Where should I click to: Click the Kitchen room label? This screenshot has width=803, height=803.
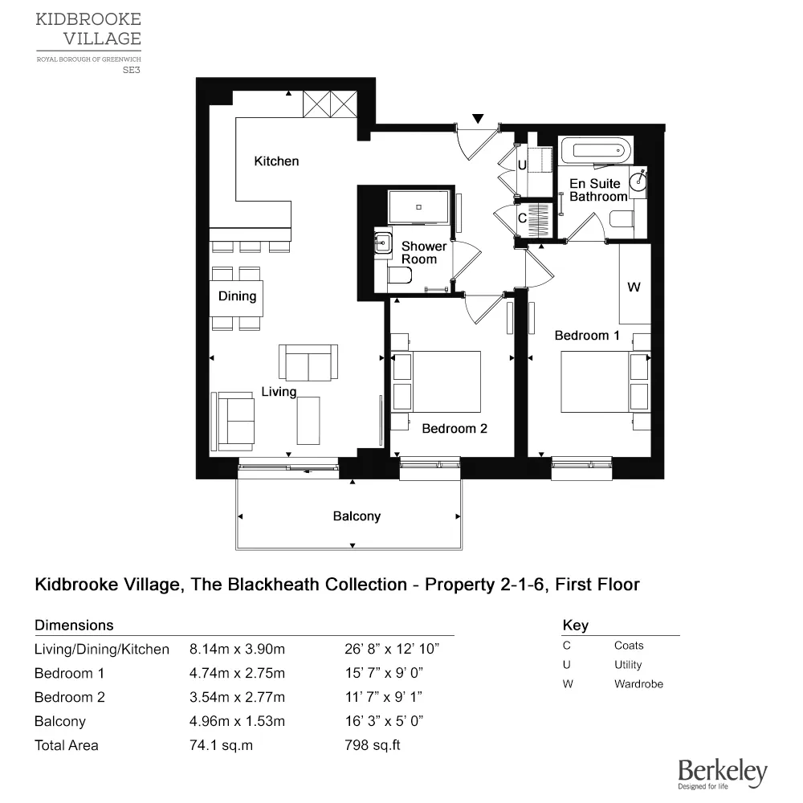[x=276, y=161]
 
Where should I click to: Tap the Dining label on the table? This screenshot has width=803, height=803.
[x=237, y=296]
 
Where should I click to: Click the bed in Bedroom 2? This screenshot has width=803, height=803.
[x=438, y=381]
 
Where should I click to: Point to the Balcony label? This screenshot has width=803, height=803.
[x=357, y=516]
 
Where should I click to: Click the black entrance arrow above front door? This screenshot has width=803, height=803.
[x=479, y=119]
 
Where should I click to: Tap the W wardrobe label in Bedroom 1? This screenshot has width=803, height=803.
[x=634, y=287]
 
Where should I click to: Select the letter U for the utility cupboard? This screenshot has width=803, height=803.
[x=521, y=166]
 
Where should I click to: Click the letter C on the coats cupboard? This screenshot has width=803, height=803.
[x=521, y=218]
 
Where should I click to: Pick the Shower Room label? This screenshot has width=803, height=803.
[x=424, y=252]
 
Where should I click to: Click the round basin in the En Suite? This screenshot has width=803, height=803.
[x=639, y=181]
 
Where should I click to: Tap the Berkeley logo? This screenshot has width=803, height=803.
[x=722, y=773]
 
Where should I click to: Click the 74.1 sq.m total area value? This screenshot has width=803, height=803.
[x=221, y=745]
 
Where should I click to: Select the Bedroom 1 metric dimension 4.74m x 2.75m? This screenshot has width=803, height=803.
[x=237, y=673]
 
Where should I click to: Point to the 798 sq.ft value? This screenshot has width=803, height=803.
[x=372, y=745]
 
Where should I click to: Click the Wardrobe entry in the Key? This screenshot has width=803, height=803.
[x=638, y=684]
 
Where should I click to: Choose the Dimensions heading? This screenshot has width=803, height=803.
[x=74, y=625]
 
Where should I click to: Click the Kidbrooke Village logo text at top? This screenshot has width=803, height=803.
[x=88, y=28]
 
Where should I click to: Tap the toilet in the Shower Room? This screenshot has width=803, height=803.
[x=398, y=277]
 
